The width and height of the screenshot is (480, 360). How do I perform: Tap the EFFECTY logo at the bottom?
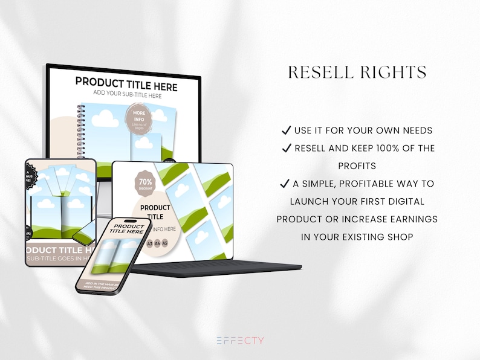click(240, 341)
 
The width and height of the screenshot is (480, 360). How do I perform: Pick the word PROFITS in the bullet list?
click(357, 166)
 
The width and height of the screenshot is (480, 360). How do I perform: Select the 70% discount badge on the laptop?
click(146, 183)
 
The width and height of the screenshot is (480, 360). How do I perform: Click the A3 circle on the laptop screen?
click(150, 243)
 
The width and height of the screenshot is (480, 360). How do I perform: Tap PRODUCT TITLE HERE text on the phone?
click(129, 228)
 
